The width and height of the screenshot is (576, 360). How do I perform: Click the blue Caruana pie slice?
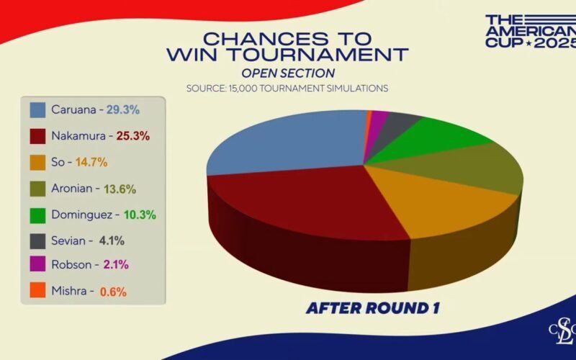(x=290, y=141)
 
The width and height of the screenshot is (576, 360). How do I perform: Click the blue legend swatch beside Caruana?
(x=37, y=110)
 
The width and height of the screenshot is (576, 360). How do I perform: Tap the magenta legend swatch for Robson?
(x=37, y=264)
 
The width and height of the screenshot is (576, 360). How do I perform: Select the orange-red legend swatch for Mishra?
(x=37, y=290)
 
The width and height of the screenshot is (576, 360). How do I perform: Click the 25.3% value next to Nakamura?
(x=133, y=136)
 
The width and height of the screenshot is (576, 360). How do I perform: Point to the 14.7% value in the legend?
(x=91, y=162)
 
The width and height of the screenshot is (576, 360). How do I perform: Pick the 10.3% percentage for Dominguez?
(x=140, y=215)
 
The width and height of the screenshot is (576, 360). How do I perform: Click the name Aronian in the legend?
(x=71, y=189)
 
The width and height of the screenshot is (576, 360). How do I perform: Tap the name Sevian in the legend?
(x=68, y=241)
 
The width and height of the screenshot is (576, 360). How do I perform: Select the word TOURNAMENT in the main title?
(x=317, y=55)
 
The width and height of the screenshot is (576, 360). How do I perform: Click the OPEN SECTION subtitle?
(x=288, y=73)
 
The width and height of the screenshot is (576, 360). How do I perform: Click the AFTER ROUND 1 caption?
(x=372, y=308)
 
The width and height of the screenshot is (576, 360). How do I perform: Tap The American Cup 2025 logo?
(x=531, y=31)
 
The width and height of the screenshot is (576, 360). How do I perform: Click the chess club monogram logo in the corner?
(x=563, y=331)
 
